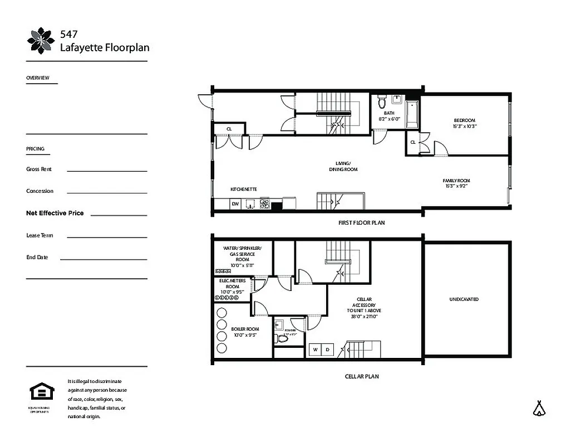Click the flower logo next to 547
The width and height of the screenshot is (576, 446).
coord(41,41)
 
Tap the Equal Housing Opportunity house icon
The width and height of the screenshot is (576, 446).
coord(39,392)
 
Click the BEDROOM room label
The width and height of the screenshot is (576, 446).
coord(465,120)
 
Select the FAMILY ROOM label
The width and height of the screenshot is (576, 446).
coord(456,181)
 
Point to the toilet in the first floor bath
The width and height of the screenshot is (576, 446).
coord(382,102)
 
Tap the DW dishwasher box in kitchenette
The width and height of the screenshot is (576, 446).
coord(235,205)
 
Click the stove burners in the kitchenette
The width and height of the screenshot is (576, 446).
coord(265,204)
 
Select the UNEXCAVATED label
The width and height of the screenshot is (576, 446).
coord(464,299)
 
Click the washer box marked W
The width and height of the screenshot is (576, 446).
coord(316,350)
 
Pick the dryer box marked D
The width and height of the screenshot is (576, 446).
coord(327,350)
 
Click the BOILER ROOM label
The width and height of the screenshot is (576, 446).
coord(245,329)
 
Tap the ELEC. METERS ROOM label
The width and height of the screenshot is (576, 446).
coord(233,283)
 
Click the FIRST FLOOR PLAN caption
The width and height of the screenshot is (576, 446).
coord(361,222)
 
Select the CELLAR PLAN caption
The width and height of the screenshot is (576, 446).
coord(361,376)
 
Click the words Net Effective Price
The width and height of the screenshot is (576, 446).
coord(55,213)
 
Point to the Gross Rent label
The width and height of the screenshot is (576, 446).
coord(40,169)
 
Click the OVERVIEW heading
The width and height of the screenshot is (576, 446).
coord(38,78)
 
